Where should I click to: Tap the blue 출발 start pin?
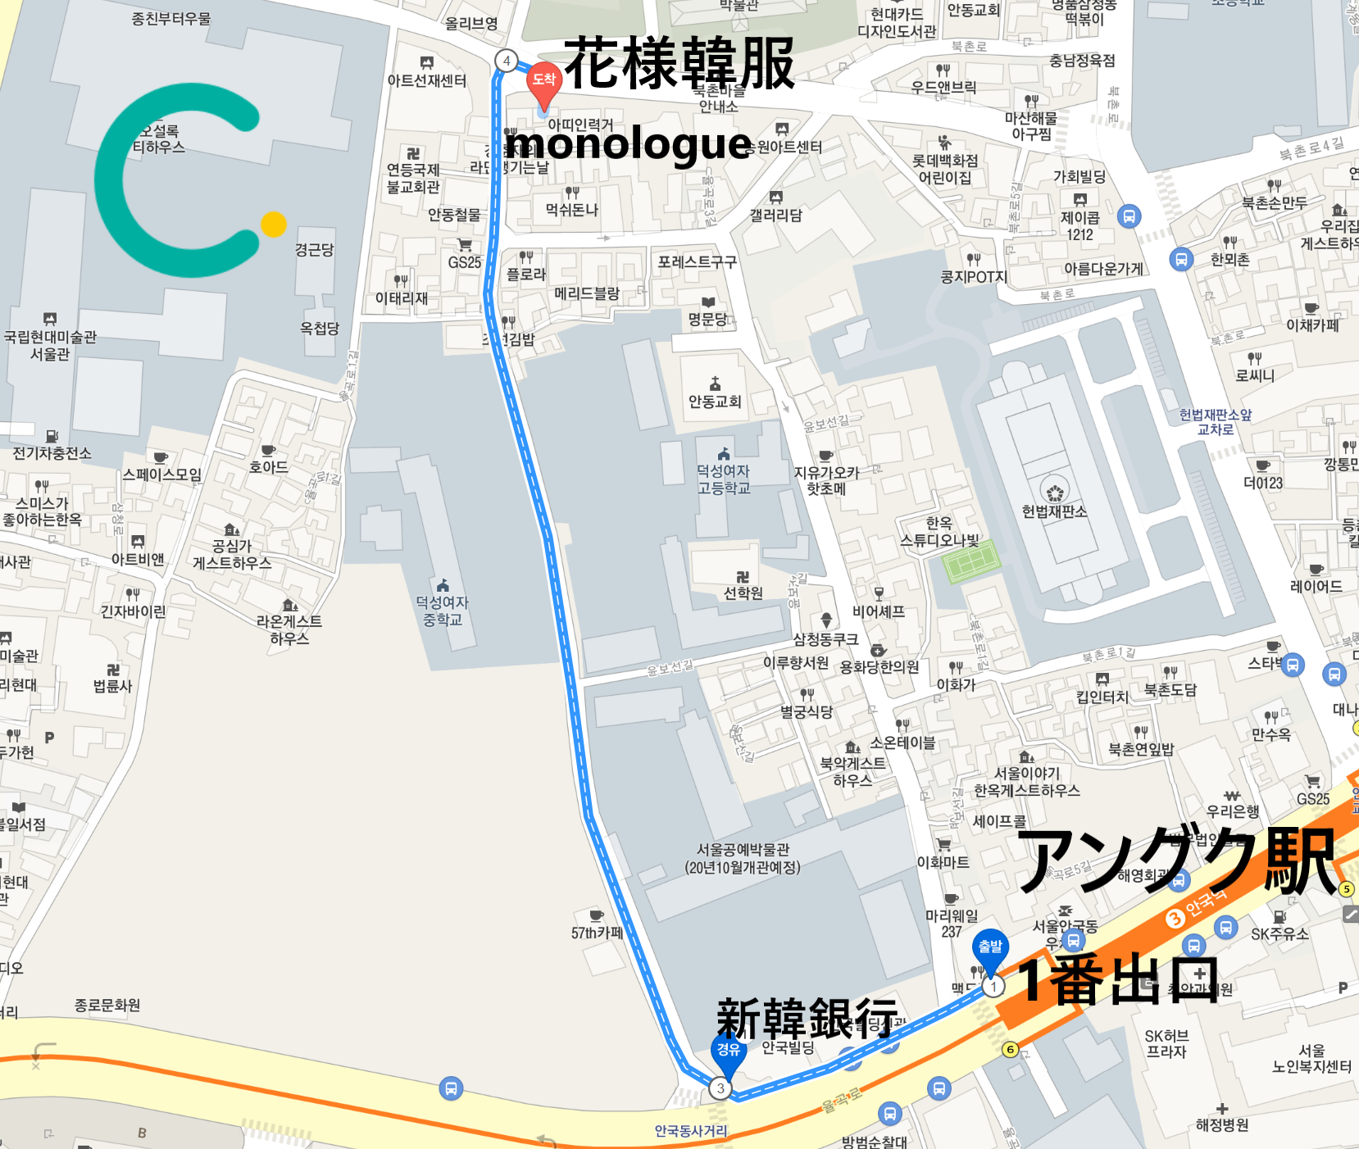[x=990, y=949]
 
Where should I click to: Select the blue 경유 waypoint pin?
[x=728, y=1051]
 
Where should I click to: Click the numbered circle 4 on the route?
[x=507, y=61]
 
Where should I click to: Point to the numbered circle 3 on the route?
[x=720, y=1088]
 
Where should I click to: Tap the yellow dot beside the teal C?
[x=273, y=224]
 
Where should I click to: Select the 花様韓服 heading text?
[x=679, y=63]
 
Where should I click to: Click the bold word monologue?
[x=628, y=144]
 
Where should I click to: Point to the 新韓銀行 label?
[x=807, y=1019]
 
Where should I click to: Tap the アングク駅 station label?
[x=1177, y=861]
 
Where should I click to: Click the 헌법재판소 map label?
[x=1054, y=511]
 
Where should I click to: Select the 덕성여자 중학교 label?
[x=443, y=611]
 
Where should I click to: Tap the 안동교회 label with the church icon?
[x=715, y=401]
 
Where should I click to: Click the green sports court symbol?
[x=971, y=561]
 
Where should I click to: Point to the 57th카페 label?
[x=597, y=933]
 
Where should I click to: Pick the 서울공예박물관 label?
[x=743, y=858]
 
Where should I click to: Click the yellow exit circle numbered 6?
[x=1010, y=1050]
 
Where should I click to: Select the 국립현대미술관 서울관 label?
[x=50, y=345]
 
